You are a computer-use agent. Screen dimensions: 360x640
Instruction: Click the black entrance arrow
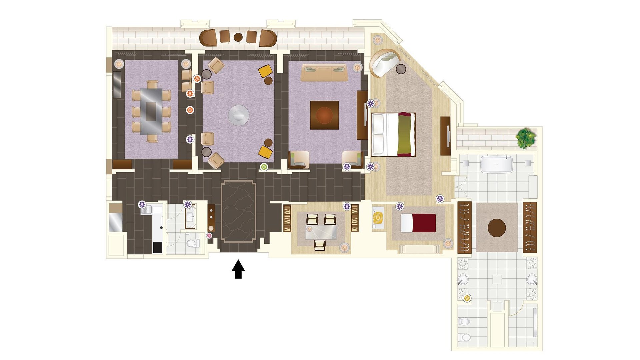click(238, 269)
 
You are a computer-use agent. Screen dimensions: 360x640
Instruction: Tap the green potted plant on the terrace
click(526, 138)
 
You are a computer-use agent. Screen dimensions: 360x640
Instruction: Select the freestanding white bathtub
click(496, 164)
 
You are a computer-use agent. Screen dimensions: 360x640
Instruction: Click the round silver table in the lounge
click(238, 115)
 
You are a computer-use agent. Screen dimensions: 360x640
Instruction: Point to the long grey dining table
click(151, 111)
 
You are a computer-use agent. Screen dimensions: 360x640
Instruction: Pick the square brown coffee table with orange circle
click(324, 115)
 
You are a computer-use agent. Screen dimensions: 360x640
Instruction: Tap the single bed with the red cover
click(418, 223)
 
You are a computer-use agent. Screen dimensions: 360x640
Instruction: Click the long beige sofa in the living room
click(324, 73)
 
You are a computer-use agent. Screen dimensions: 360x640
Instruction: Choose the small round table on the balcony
click(238, 37)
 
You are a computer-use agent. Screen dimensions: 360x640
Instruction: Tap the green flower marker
click(264, 167)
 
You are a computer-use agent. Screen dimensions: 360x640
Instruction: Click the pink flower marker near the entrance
click(209, 236)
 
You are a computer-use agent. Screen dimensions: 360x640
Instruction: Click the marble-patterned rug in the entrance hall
click(238, 211)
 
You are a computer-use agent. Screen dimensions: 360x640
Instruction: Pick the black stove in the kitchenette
click(157, 247)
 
